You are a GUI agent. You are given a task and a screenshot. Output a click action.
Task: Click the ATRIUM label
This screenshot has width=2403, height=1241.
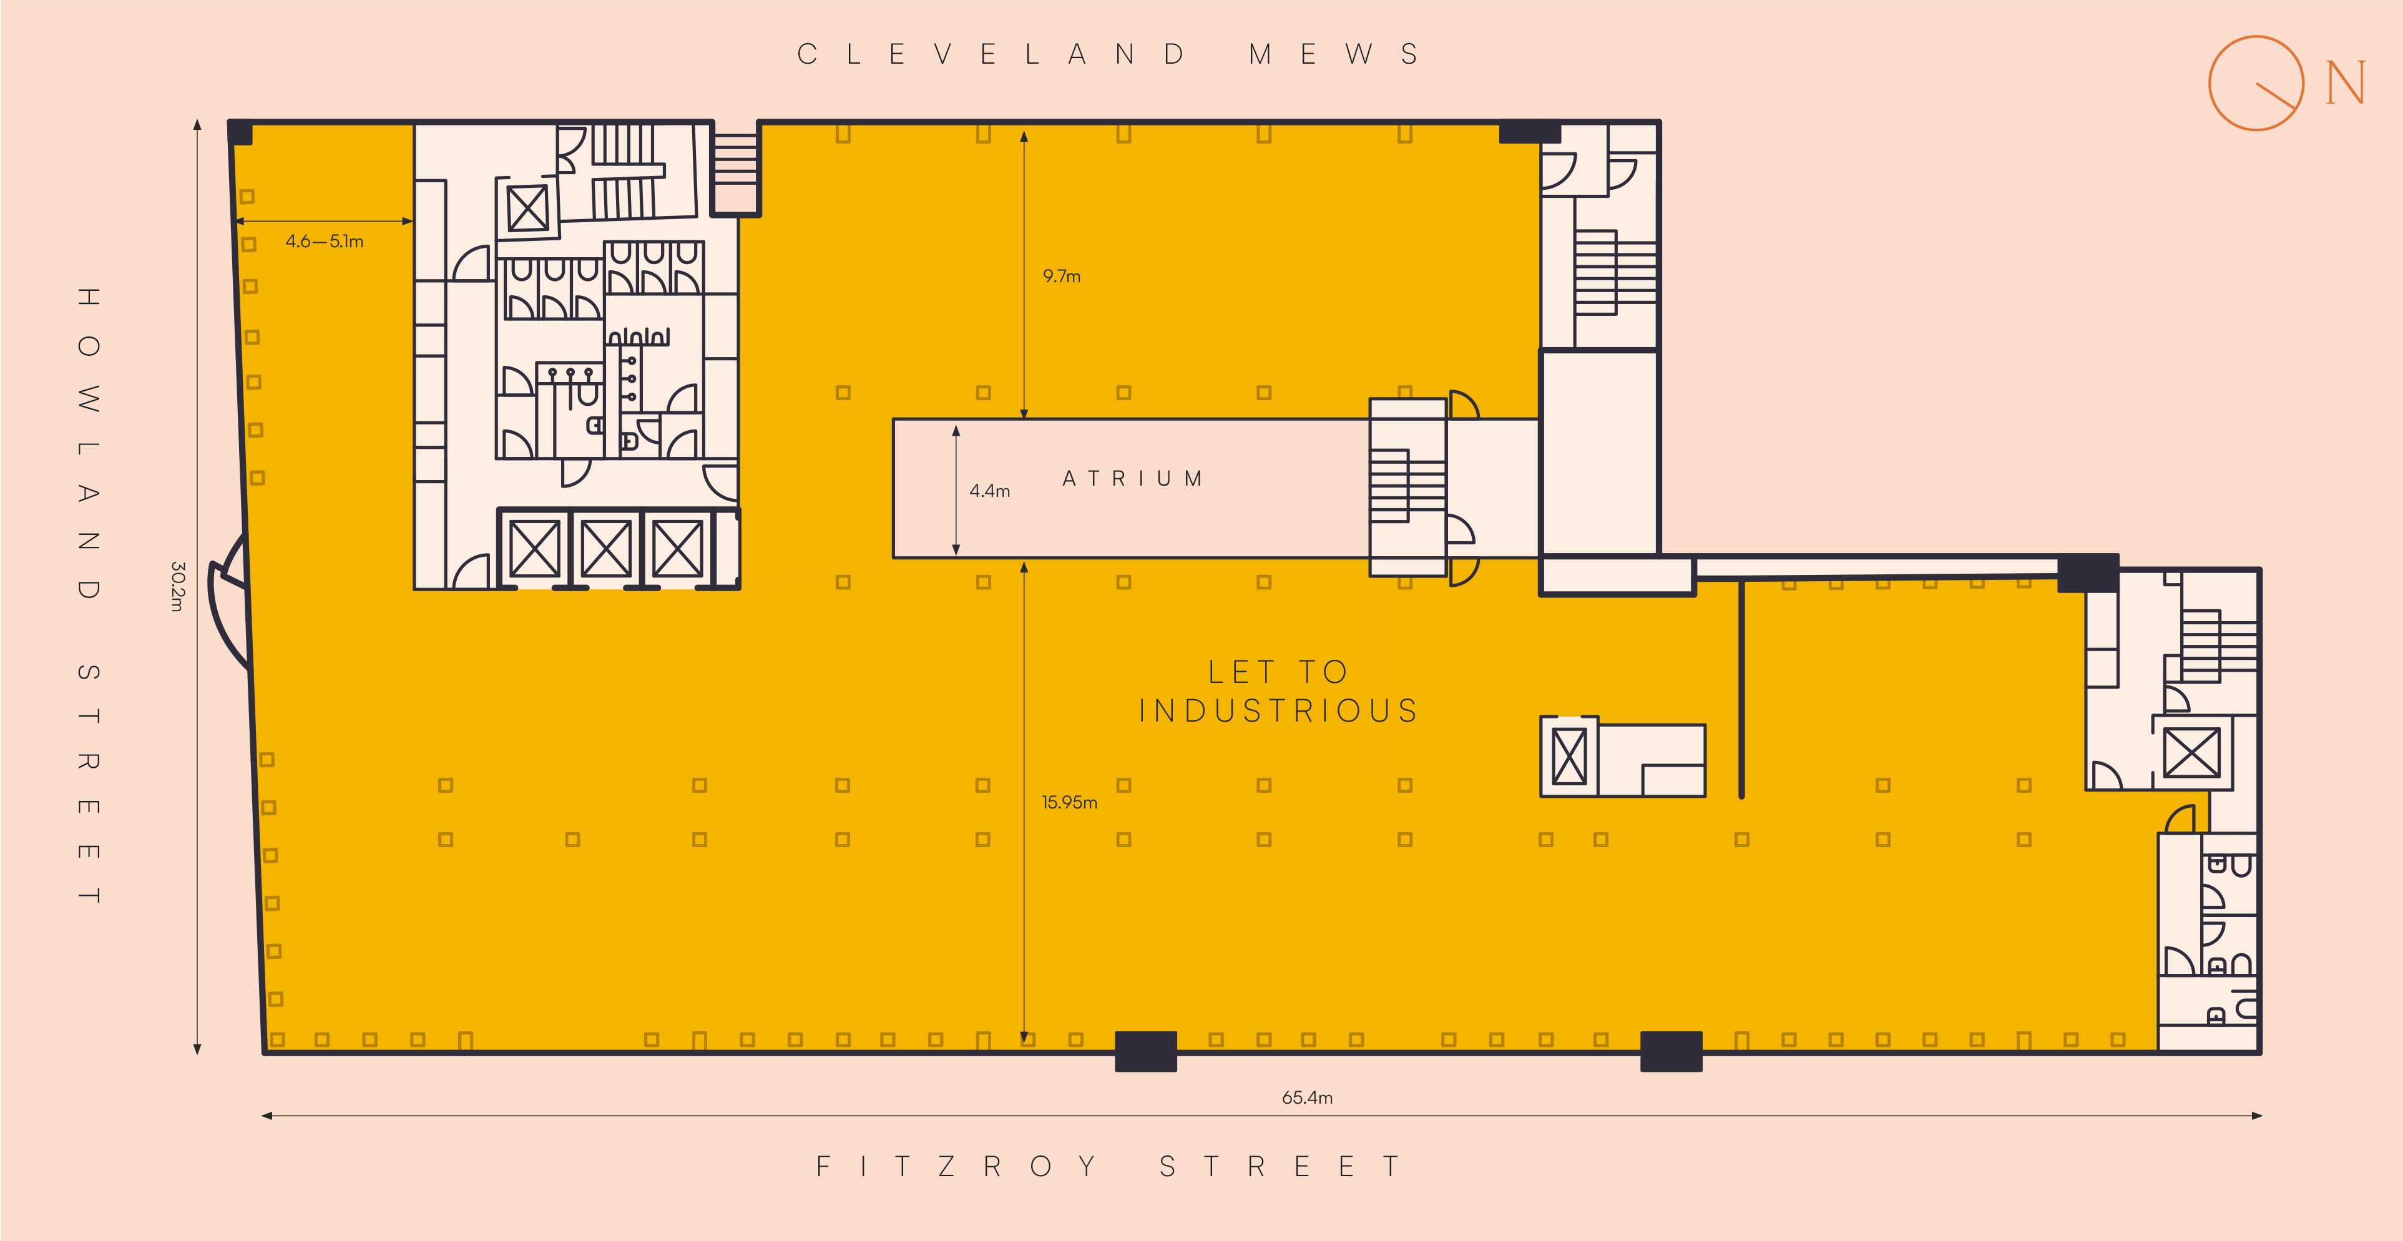pos(1132,479)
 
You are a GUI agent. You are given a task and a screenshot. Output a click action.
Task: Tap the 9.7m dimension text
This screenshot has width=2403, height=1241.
pos(1062,276)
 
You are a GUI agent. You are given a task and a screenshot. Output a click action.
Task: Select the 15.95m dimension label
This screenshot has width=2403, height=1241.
pos(1069,802)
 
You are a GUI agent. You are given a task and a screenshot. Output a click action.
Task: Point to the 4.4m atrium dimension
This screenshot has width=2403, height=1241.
pos(990,491)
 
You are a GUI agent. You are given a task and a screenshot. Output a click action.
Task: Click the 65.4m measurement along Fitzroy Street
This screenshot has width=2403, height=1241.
pos(1307,1097)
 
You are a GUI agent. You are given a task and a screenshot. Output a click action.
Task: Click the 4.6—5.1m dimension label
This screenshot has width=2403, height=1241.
pos(325,242)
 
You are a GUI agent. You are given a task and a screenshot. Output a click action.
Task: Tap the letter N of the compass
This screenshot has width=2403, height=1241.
pos(2345,83)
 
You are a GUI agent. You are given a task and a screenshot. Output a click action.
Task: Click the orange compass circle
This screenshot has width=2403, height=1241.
pos(2210,83)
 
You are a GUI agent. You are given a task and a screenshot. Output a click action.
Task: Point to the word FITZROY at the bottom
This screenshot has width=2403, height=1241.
pos(955,1166)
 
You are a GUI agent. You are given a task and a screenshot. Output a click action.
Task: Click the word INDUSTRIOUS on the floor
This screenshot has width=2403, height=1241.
pos(1278,711)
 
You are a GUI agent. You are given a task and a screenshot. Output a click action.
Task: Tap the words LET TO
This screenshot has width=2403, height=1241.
pos(1278,672)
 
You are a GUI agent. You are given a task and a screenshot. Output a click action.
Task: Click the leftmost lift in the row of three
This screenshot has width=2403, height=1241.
pos(534,549)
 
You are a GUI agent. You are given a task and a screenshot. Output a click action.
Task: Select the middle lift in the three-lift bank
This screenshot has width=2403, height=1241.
pos(605,549)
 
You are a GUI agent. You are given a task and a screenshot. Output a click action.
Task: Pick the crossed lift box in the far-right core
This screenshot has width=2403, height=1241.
pos(2191,753)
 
